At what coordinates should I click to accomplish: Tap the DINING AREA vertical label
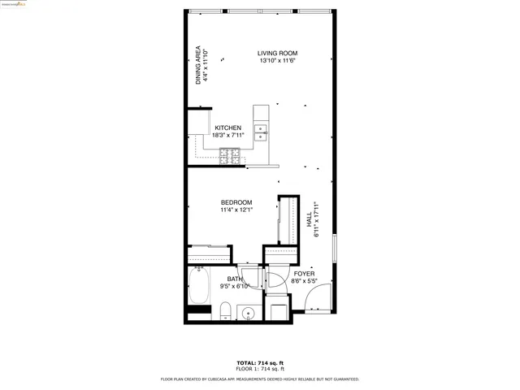click(x=198, y=65)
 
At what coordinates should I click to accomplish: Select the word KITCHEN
click(x=227, y=128)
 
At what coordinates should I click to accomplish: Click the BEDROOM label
click(x=236, y=202)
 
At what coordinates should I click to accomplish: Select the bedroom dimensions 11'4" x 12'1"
click(x=236, y=210)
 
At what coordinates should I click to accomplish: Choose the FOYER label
click(x=304, y=274)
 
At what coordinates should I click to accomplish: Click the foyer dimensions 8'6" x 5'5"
click(x=304, y=282)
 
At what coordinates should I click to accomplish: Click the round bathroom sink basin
click(x=249, y=313)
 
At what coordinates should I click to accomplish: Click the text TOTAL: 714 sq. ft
click(x=259, y=362)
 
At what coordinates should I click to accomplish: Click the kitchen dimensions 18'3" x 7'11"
click(x=227, y=136)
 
